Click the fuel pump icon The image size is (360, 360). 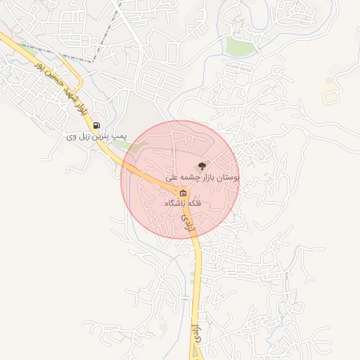click(96, 126)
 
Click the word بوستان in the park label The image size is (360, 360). click(226, 179)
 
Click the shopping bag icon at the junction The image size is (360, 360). click(183, 192)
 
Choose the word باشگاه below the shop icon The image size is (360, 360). click(172, 202)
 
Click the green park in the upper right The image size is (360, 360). click(240, 47)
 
